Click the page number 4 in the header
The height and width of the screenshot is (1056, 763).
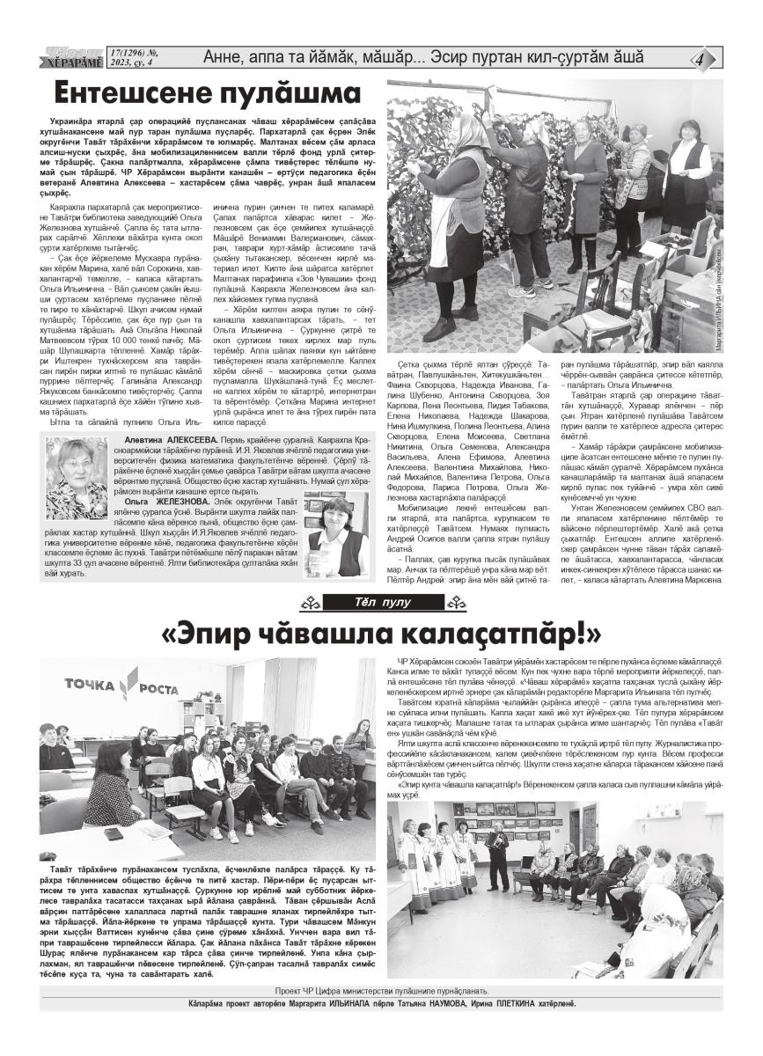[701, 59]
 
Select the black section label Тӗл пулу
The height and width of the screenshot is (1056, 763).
[381, 603]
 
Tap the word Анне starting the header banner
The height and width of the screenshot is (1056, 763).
[225, 58]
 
